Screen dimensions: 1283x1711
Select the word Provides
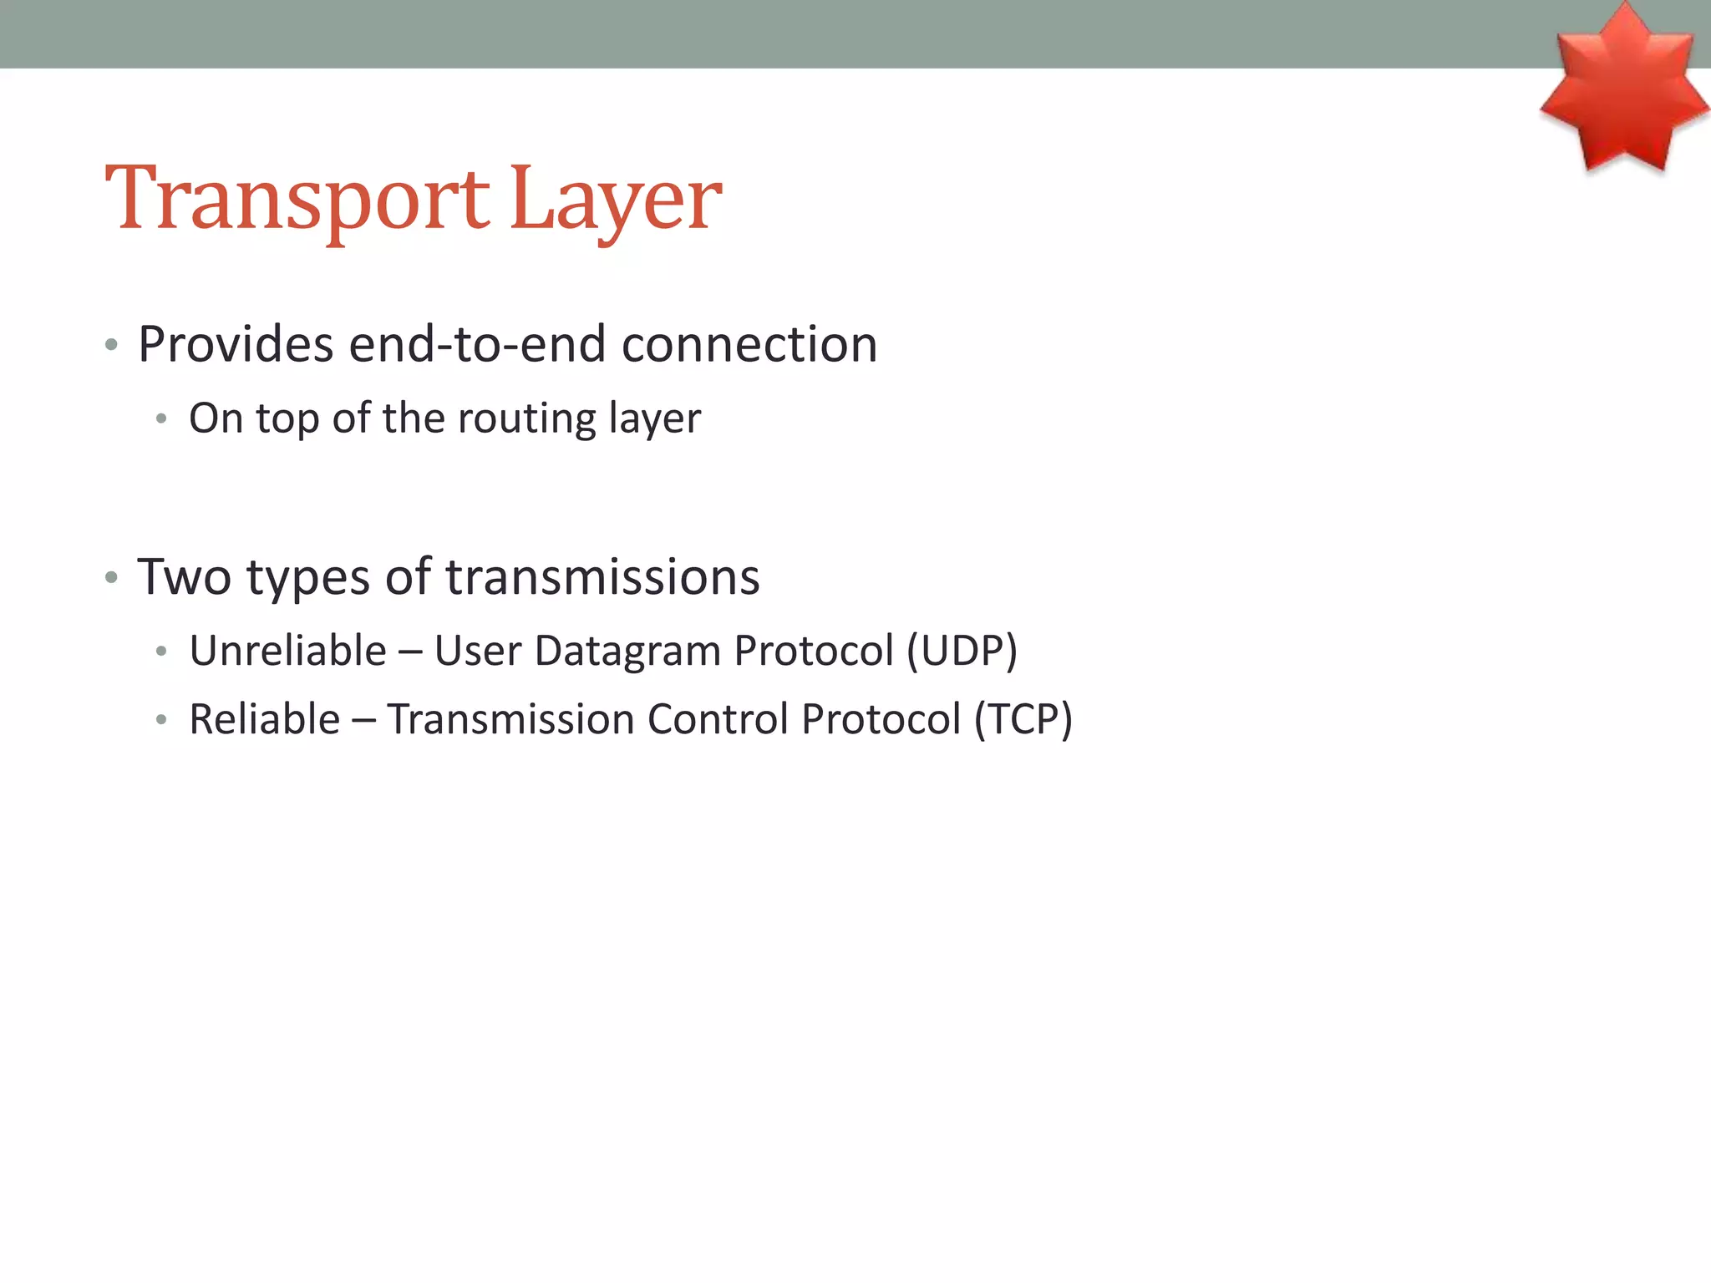[236, 344]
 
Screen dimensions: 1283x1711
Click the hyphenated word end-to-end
[477, 344]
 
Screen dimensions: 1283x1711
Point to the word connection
[749, 344]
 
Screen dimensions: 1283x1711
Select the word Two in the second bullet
[184, 576]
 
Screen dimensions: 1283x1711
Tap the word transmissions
[602, 576]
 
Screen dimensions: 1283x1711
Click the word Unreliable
[288, 651]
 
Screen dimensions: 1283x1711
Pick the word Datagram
[627, 651]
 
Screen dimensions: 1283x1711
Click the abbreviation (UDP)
[962, 651]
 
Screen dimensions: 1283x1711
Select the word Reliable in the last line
[265, 719]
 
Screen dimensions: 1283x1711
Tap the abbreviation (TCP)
[1023, 719]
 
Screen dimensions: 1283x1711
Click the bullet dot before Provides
[111, 345]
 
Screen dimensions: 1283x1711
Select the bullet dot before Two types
[111, 577]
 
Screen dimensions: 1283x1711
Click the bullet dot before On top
[161, 418]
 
